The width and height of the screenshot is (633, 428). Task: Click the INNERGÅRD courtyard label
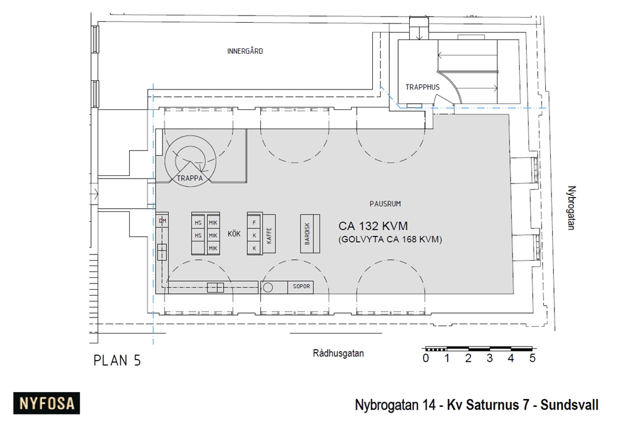click(x=245, y=51)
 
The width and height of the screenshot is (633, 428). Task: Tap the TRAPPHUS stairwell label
click(x=422, y=87)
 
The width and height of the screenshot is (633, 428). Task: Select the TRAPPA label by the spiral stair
click(x=190, y=178)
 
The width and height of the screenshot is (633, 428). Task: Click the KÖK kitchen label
click(x=234, y=234)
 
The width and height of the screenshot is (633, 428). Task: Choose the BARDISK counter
click(x=310, y=233)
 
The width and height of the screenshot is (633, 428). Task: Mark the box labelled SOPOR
click(x=301, y=287)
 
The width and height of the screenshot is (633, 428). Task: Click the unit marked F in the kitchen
click(x=253, y=221)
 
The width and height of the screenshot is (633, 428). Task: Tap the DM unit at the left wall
click(x=163, y=220)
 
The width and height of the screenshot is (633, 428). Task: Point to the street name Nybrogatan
click(x=572, y=208)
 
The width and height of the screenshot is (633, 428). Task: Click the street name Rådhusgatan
click(x=338, y=354)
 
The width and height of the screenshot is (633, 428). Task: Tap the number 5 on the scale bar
click(x=532, y=358)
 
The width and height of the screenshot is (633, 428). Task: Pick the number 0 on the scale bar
click(x=426, y=358)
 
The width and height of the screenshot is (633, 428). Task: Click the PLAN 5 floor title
click(x=117, y=361)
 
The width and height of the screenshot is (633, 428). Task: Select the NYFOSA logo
click(x=47, y=404)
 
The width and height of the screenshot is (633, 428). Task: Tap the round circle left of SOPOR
click(x=268, y=287)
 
